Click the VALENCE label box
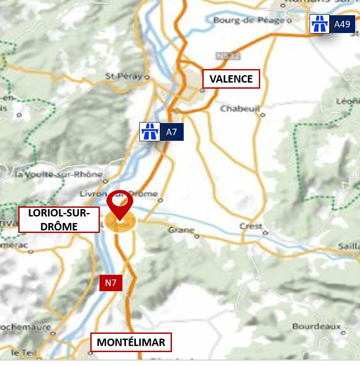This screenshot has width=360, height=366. tap(231, 79)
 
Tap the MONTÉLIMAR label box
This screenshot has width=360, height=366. tap(131, 343)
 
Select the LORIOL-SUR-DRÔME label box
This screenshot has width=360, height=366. tap(59, 220)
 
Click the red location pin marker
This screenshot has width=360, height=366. tap(119, 204)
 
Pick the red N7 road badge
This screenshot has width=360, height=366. tap(111, 283)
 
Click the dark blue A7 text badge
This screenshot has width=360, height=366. tap(172, 132)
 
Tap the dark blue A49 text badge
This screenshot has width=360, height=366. tap(342, 24)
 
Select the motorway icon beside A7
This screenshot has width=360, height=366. tap(150, 132)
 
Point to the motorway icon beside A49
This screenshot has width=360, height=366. tap(320, 24)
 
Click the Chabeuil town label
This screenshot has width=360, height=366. tap(239, 109)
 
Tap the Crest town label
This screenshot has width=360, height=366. tap(251, 226)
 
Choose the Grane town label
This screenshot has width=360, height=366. tap(181, 230)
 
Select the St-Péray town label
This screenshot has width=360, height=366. tap(124, 77)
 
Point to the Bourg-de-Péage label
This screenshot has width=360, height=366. tap(249, 20)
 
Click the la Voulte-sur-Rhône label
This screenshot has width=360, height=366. tap(59, 175)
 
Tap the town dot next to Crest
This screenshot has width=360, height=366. tap(265, 233)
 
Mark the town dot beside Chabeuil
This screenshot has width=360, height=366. tap(262, 115)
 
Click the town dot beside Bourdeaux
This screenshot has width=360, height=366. tap(343, 333)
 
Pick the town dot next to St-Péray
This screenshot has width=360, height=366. tap(147, 77)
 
